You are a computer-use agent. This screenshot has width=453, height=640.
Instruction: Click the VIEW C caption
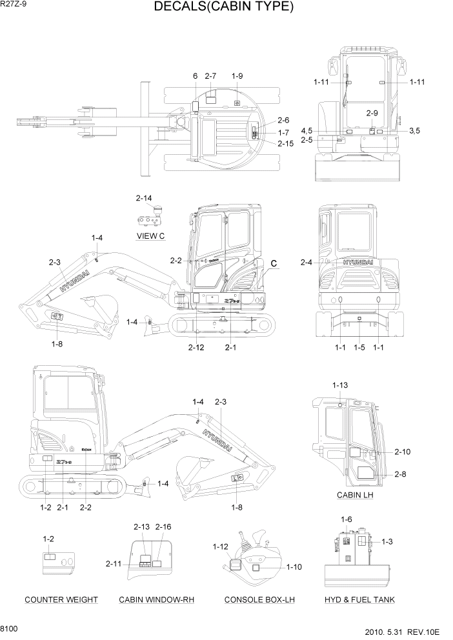(x=151, y=236)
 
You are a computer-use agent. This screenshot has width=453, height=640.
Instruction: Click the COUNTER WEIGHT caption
(x=61, y=599)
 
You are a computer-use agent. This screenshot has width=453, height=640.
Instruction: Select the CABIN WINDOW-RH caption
(x=157, y=599)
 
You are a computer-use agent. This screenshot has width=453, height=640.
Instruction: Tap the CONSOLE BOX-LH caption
(x=259, y=599)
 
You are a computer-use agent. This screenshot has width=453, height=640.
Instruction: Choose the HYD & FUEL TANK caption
(x=359, y=599)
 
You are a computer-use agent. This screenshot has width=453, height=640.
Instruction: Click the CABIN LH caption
(x=355, y=495)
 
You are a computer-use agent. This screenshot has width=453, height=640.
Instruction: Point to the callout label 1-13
(x=340, y=385)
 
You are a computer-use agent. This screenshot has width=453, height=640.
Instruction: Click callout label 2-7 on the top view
(x=210, y=76)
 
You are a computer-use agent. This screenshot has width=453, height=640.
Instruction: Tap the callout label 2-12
(x=196, y=348)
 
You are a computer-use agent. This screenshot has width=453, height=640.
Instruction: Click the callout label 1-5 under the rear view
(x=359, y=348)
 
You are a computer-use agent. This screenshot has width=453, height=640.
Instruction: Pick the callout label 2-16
(x=163, y=527)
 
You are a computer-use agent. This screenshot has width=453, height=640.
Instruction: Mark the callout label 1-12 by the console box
(x=221, y=547)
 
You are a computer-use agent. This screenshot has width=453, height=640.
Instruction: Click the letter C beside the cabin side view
(x=274, y=263)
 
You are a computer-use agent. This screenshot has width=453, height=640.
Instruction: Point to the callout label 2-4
(x=307, y=262)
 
